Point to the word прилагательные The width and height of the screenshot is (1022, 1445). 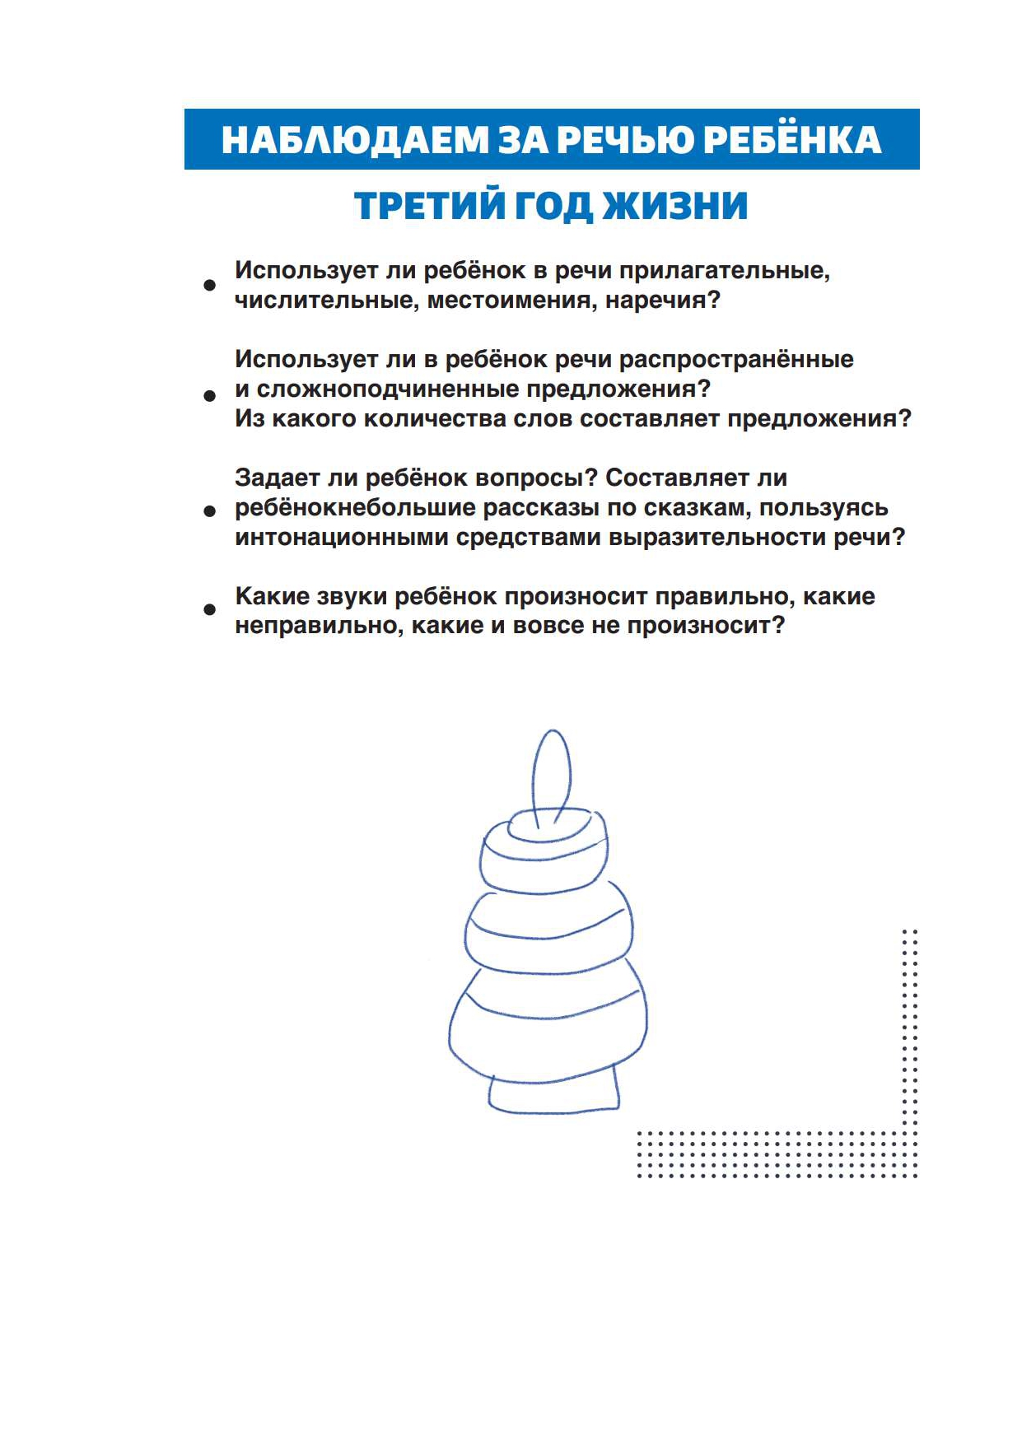click(x=724, y=271)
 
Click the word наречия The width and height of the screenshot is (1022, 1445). click(x=662, y=301)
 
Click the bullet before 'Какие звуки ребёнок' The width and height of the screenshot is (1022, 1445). click(x=210, y=610)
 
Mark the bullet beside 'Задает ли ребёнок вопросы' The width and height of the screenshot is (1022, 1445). click(x=210, y=511)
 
